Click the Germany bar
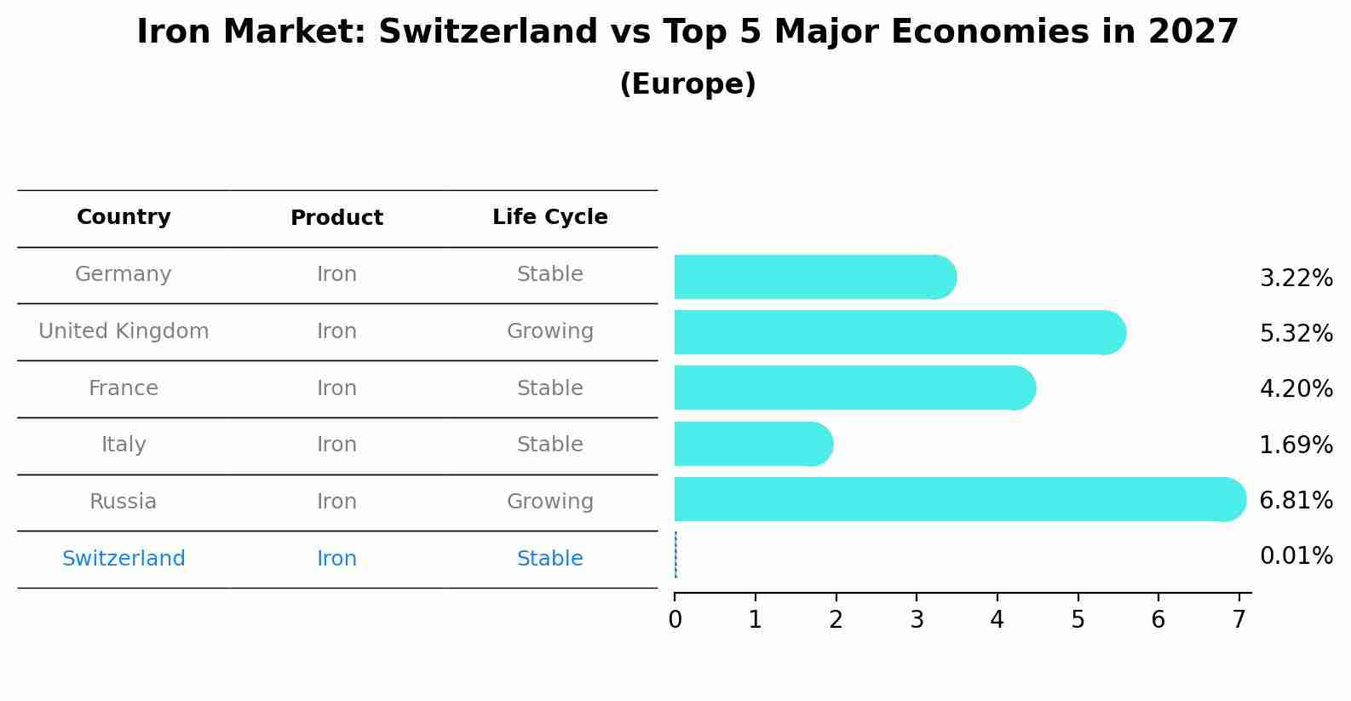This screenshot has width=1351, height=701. pyautogui.click(x=815, y=277)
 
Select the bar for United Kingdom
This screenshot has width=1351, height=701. pyautogui.click(x=900, y=332)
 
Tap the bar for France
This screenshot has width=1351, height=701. pyautogui.click(x=855, y=388)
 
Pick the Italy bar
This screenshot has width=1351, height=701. pyautogui.click(x=754, y=444)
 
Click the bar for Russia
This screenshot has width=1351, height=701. pyautogui.click(x=960, y=499)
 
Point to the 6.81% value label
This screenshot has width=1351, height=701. pyautogui.click(x=1296, y=500)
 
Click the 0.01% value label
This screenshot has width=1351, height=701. pyautogui.click(x=1296, y=555)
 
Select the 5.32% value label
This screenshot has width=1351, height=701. pyautogui.click(x=1296, y=333)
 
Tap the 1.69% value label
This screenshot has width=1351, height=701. pyautogui.click(x=1296, y=445)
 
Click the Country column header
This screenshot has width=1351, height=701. pyautogui.click(x=124, y=216)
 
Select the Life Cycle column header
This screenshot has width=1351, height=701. pyautogui.click(x=550, y=216)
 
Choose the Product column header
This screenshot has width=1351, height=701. pyautogui.click(x=336, y=217)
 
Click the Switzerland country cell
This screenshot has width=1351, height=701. pyautogui.click(x=124, y=558)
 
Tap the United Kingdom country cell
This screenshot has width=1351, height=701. pyautogui.click(x=124, y=330)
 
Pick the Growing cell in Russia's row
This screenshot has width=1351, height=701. pyautogui.click(x=550, y=502)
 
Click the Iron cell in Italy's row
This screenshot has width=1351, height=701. pyautogui.click(x=336, y=444)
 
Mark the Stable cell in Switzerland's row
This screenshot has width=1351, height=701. pyautogui.click(x=550, y=558)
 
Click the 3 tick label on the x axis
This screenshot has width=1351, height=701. pyautogui.click(x=917, y=619)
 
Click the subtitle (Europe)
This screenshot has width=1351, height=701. pyautogui.click(x=687, y=83)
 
